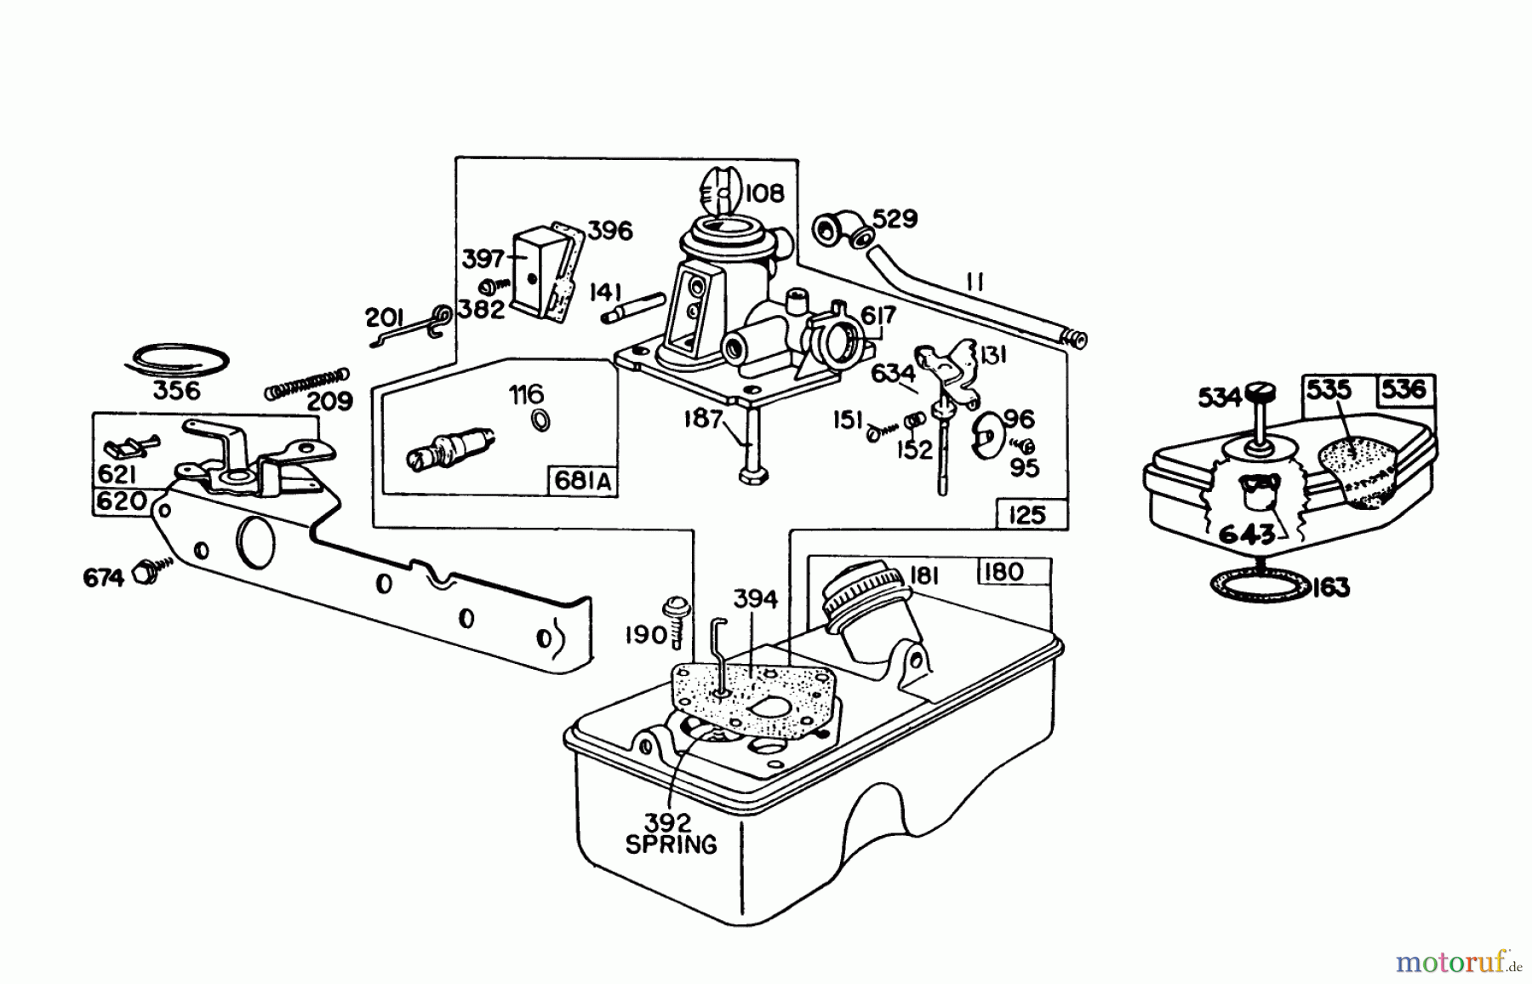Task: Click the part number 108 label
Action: [x=763, y=194]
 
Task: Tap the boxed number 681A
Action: [x=582, y=481]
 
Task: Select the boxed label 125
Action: [x=1027, y=515]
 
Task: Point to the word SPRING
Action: [x=671, y=844]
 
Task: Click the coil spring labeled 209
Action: [x=306, y=382]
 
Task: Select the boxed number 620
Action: [x=121, y=501]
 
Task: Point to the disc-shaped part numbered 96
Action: [x=988, y=433]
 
